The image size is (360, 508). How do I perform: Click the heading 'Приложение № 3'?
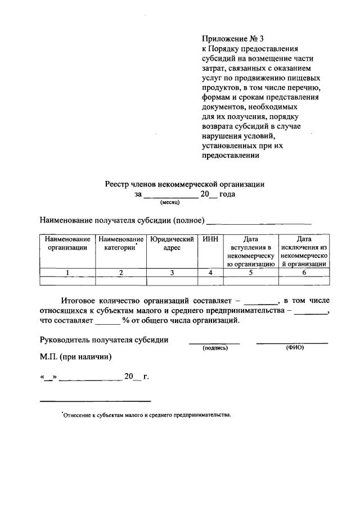click(233, 39)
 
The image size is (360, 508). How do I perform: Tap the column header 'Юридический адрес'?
click(172, 244)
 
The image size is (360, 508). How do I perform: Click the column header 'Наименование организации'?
click(67, 244)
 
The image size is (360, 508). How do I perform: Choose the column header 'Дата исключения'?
click(304, 251)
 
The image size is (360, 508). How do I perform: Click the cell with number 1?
click(67, 273)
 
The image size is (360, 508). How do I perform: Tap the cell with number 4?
click(210, 273)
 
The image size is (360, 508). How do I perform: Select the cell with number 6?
click(304, 273)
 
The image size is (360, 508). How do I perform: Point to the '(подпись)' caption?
click(215, 348)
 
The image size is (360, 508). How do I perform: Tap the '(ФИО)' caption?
click(294, 347)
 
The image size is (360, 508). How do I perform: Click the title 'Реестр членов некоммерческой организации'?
click(184, 184)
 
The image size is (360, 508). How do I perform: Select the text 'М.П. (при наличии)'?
click(75, 356)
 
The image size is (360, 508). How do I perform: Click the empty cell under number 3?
click(172, 281)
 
